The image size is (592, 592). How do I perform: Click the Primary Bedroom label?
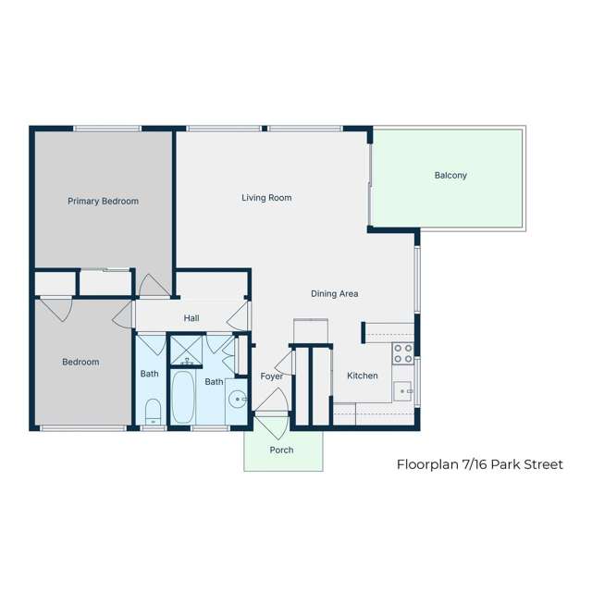(103, 201)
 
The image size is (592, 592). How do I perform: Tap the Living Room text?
(266, 197)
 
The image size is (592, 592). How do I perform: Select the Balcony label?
(450, 175)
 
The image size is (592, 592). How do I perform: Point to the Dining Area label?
(334, 293)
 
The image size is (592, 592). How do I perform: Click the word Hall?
(191, 318)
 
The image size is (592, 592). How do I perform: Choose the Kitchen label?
(362, 376)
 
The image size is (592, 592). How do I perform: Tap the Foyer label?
(271, 376)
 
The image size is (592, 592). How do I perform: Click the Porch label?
(281, 450)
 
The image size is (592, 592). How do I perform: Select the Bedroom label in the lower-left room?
(80, 362)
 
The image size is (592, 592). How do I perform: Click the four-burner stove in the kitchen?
(402, 353)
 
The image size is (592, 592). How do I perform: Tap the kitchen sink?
(402, 391)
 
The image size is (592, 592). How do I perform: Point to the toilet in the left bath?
(154, 409)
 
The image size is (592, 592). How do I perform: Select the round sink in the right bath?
(238, 401)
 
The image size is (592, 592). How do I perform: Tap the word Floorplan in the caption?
(428, 464)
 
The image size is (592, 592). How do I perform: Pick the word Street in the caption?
(541, 464)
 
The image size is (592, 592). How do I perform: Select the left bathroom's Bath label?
(149, 374)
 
